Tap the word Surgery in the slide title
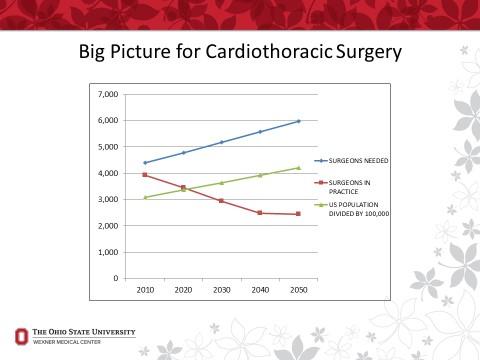(363, 50)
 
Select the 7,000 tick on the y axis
(107, 95)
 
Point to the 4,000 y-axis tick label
(107, 173)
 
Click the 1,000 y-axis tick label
(107, 252)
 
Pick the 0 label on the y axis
(116, 278)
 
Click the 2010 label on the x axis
(145, 289)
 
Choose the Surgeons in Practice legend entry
(355, 187)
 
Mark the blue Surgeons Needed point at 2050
(298, 121)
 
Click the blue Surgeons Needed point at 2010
(145, 163)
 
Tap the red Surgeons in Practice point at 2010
(145, 175)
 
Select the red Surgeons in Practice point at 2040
(260, 213)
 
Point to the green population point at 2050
(298, 168)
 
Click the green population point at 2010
(145, 197)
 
